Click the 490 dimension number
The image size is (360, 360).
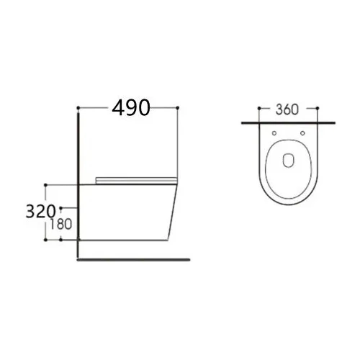tap(131, 107)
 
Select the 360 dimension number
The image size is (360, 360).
tap(287, 109)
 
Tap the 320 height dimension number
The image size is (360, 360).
tap(40, 212)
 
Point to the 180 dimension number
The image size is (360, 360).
tap(61, 224)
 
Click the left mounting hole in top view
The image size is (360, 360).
tap(274, 133)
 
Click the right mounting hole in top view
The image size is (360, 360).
tap(302, 133)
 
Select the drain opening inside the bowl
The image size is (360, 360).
tap(289, 160)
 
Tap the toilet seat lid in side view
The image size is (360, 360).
tap(136, 180)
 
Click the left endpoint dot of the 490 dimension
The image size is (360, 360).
tap(78, 108)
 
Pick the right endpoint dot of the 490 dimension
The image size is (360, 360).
tap(178, 108)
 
